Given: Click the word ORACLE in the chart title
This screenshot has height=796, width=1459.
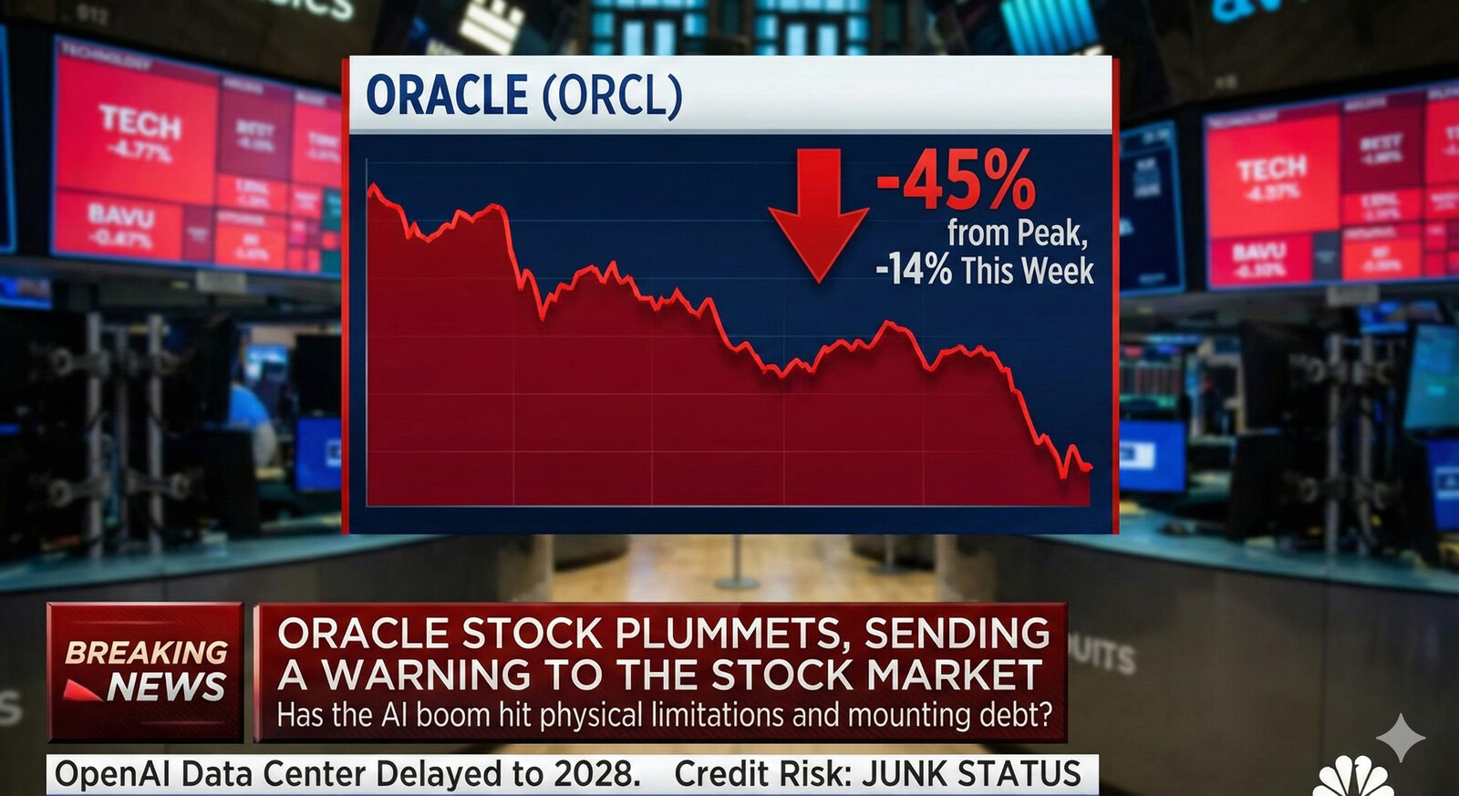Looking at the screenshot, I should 447,96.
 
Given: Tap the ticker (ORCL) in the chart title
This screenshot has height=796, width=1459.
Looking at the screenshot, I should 613,96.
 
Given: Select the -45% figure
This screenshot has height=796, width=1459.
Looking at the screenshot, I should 956,181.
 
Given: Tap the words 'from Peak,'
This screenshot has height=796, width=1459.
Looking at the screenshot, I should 1017,233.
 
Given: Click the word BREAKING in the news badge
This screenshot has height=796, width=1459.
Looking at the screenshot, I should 146,652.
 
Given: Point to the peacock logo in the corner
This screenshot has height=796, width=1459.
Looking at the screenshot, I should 1353,779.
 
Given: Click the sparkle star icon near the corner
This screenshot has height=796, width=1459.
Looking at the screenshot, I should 1400,737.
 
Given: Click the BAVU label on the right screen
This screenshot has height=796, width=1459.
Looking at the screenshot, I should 1258,251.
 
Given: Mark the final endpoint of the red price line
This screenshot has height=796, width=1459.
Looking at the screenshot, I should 1090,468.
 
